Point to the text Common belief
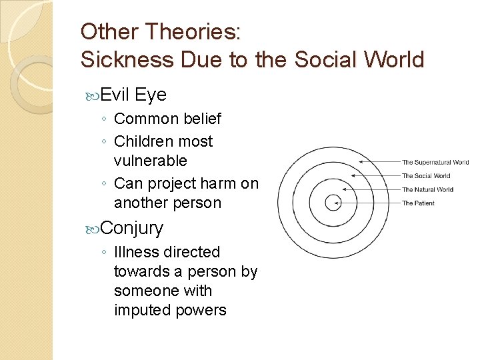(x=167, y=119)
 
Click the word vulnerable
(x=151, y=161)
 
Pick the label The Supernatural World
(x=435, y=162)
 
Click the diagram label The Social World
(x=426, y=176)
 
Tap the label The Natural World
(x=427, y=189)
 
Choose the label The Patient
(x=418, y=203)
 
